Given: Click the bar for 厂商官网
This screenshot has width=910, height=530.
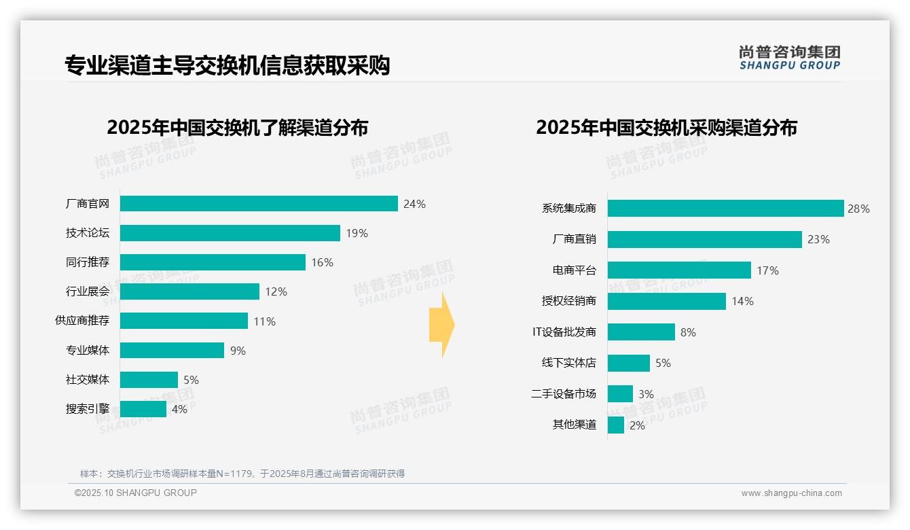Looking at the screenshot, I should point(259,204).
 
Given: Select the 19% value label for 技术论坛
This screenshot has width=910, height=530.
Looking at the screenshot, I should point(357,233).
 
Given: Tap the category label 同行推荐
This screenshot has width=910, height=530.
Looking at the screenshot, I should point(88,262).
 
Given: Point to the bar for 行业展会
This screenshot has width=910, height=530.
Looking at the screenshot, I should point(190,291).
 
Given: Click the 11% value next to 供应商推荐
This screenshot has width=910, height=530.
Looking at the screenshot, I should point(265,321).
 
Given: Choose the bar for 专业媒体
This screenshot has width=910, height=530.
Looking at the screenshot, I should point(172,350).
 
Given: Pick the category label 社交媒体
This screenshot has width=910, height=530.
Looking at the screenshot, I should point(88,379).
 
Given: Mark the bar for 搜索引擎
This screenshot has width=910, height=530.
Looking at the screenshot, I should point(143,409).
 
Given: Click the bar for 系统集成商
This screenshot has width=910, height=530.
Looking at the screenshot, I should point(725,209).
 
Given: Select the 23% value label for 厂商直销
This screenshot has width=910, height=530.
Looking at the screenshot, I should point(818,239).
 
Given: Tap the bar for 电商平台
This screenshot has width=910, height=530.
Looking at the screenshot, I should point(679,270).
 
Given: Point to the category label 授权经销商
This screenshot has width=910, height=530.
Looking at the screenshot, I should point(569,301).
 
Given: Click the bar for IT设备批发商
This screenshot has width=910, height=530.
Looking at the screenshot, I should point(641,332).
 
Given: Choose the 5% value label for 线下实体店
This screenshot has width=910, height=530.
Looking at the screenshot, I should point(663,363).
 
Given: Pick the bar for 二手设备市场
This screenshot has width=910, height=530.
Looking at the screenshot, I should point(620,394).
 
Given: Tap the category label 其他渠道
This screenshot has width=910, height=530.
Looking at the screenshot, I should point(575,425).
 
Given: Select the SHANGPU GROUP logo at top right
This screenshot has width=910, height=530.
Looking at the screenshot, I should point(790,58).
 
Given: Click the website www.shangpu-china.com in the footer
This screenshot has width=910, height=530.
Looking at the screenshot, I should point(791,493).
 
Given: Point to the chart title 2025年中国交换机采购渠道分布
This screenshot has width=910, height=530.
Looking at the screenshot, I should point(666,128).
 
